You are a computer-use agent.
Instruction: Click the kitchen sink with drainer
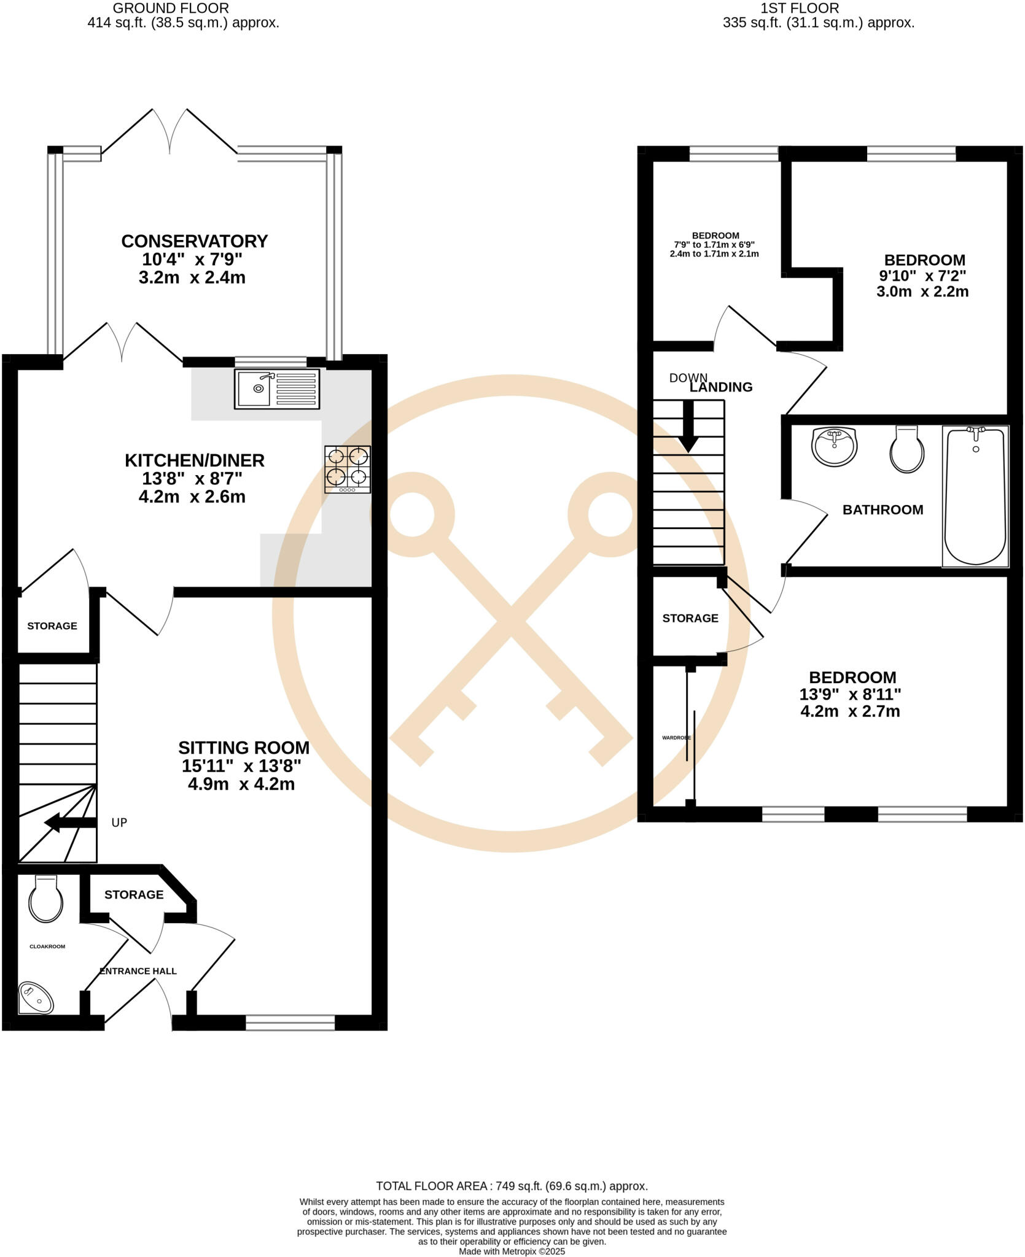pos(277,389)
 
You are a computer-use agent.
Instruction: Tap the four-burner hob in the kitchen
pos(348,468)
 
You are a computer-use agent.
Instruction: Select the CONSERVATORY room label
pos(194,241)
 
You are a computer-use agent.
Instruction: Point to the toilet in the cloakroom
pos(46,899)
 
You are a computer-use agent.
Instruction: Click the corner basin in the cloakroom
pos(36,999)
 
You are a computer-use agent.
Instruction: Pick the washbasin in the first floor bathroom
pos(833,446)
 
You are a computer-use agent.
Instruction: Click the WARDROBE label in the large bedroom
pos(676,738)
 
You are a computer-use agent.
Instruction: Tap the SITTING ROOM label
pos(243,748)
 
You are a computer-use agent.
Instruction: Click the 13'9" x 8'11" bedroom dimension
pos(850,694)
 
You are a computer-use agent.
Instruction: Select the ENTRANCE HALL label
pos(138,971)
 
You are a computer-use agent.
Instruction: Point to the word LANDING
pos(721,387)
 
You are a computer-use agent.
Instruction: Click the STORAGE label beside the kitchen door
pos(52,626)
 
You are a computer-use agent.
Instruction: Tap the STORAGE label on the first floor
pos(690,618)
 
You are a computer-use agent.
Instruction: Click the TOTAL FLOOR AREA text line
pos(512,1186)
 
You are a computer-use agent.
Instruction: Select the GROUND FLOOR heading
pos(171,8)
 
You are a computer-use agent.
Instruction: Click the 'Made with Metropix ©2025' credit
pos(512,1251)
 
